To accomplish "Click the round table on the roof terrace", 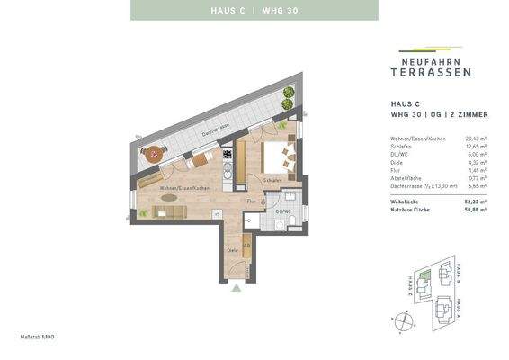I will [x=155, y=153].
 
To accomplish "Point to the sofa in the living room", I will [x=171, y=211].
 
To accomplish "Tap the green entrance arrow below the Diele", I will [x=236, y=288].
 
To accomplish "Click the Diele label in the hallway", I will [x=232, y=249].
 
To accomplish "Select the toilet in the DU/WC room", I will [x=293, y=219].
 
